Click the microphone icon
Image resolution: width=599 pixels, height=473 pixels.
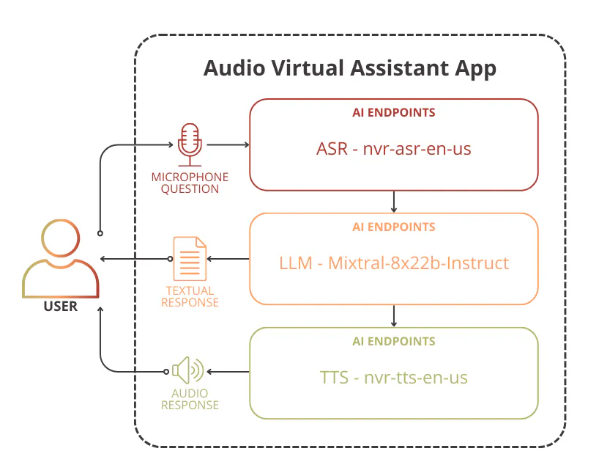point(190,144)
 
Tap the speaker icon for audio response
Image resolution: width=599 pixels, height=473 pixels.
point(188,370)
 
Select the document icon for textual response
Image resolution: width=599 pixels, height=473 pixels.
point(190,259)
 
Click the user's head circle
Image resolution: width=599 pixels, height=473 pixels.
point(60,238)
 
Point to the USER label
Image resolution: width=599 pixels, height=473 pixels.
point(60,306)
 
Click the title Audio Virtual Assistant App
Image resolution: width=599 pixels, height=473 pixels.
point(349,68)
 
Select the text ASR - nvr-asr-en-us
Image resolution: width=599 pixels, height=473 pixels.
point(394,148)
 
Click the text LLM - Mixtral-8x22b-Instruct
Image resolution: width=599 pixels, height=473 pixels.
point(394,263)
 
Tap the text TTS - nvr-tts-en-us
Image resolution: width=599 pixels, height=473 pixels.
point(394,378)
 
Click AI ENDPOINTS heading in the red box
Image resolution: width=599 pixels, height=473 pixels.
point(394,112)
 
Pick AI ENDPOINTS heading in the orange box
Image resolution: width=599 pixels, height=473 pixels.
point(394,227)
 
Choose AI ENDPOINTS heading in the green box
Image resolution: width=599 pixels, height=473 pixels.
point(394,341)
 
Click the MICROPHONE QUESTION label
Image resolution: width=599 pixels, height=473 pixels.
point(190,183)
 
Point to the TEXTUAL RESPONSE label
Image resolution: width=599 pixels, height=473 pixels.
point(190,296)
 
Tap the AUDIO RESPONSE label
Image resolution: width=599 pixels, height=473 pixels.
point(190,399)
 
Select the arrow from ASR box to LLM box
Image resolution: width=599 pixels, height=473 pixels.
point(394,202)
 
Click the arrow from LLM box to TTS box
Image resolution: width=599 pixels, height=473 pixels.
point(394,316)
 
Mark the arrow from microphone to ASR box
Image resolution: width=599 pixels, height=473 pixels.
point(228,144)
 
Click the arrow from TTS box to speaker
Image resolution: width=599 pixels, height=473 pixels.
point(228,372)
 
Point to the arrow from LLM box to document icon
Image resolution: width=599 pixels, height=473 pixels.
point(228,259)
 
